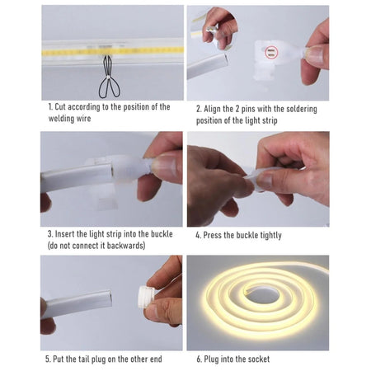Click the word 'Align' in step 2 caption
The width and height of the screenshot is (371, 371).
[216, 109]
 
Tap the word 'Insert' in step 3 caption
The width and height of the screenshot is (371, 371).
[69, 234]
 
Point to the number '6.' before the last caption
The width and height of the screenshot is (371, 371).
[199, 359]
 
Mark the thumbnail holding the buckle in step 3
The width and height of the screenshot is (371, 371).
[165, 167]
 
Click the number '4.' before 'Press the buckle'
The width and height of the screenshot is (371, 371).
[199, 236]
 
